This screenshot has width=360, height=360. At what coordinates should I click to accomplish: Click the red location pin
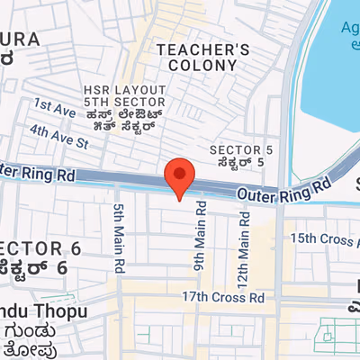coord(180,175)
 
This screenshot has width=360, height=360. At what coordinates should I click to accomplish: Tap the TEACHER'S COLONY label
coord(202,58)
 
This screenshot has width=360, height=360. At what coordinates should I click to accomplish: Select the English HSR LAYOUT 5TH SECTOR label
coord(124,98)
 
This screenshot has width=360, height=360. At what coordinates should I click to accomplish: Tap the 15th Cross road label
coord(322,238)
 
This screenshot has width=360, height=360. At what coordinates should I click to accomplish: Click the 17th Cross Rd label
coord(223,296)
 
